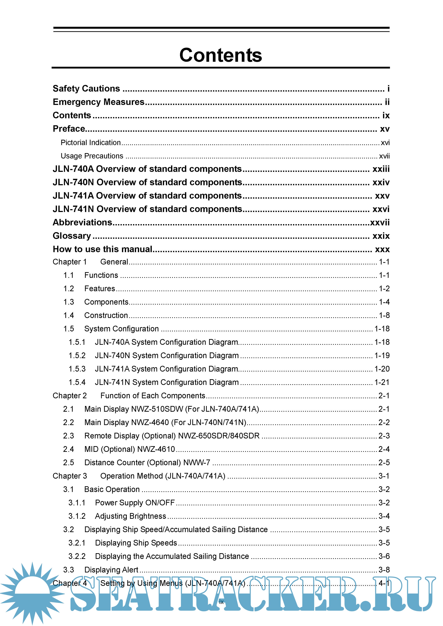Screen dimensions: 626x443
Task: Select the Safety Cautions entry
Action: (86, 89)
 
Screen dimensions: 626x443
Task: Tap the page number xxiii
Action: (381, 169)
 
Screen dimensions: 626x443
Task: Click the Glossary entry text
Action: (72, 236)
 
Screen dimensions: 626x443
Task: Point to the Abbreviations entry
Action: (82, 223)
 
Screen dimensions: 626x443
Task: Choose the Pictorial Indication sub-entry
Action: (91, 143)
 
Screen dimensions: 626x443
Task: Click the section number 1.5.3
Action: (77, 369)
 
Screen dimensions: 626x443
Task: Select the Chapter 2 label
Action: (70, 396)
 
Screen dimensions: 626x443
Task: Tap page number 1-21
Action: (382, 382)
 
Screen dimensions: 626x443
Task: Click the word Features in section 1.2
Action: (100, 288)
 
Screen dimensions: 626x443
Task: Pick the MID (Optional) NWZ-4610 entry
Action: (130, 449)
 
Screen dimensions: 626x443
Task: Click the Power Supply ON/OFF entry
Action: (135, 503)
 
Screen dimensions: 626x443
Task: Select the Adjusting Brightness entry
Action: (130, 516)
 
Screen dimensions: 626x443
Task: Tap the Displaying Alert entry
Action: (111, 570)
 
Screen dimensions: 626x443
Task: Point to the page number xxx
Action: (382, 249)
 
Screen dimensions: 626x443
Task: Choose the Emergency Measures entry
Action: (99, 102)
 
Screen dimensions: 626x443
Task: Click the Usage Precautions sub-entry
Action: (92, 156)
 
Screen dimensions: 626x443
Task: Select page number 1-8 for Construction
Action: (384, 315)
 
